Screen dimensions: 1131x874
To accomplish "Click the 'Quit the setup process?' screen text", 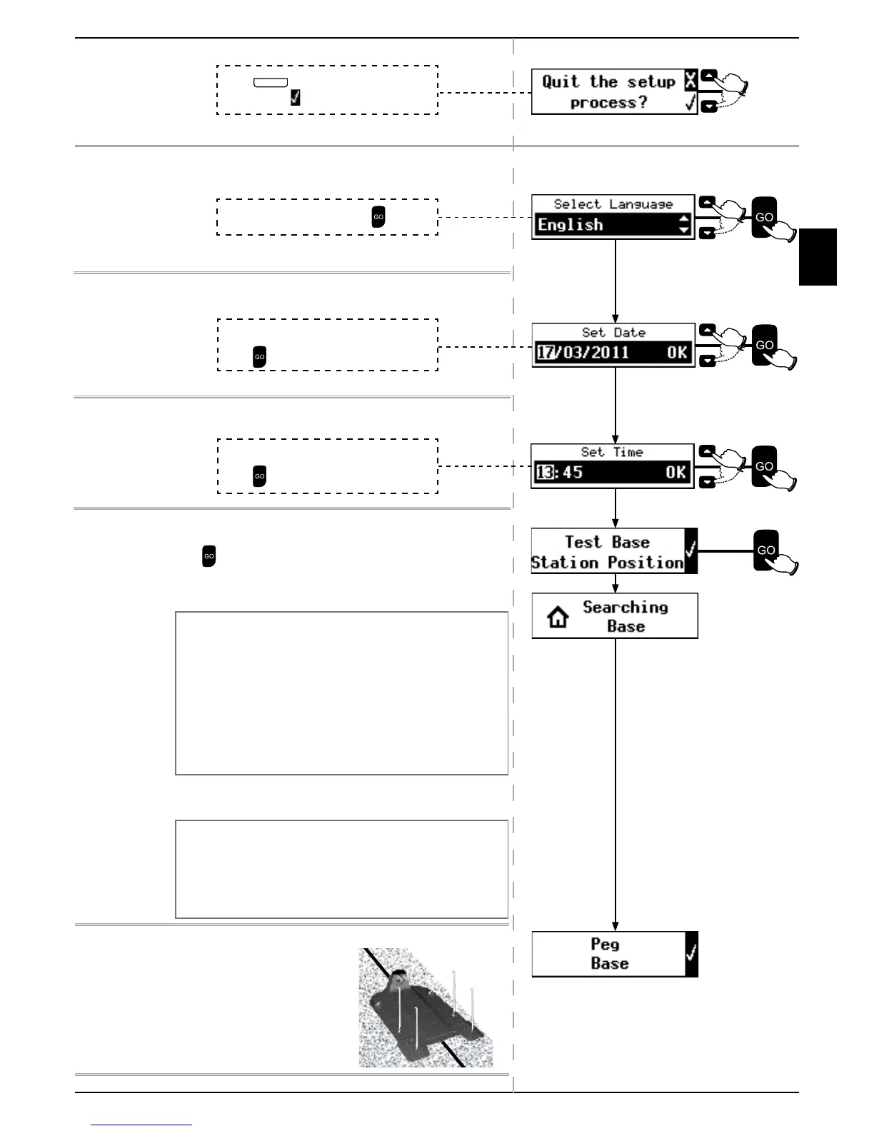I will tap(608, 92).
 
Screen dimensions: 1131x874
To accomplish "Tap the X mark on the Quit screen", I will tap(690, 81).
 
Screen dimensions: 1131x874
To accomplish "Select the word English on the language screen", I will tap(571, 225).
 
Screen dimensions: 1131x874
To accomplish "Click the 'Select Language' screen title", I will tap(613, 204).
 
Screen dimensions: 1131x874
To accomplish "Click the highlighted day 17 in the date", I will tap(546, 352).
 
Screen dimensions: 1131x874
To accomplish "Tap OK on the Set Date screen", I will tap(677, 352).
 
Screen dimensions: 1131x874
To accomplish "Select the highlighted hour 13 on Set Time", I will tap(545, 472).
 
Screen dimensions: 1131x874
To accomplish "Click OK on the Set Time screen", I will tap(675, 472).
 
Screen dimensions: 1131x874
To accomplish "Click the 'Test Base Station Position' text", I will tap(607, 552).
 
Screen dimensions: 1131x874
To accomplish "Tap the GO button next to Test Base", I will tap(766, 551).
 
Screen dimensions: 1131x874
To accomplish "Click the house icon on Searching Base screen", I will tap(558, 616).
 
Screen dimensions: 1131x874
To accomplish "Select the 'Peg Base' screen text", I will tap(609, 954).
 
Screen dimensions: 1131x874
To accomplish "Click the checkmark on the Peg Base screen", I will tap(690, 954).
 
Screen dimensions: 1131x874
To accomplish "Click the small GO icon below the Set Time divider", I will tap(209, 556).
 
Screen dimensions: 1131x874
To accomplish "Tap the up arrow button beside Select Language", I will tap(707, 202).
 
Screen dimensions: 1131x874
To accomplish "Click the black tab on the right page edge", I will tap(818, 257).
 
